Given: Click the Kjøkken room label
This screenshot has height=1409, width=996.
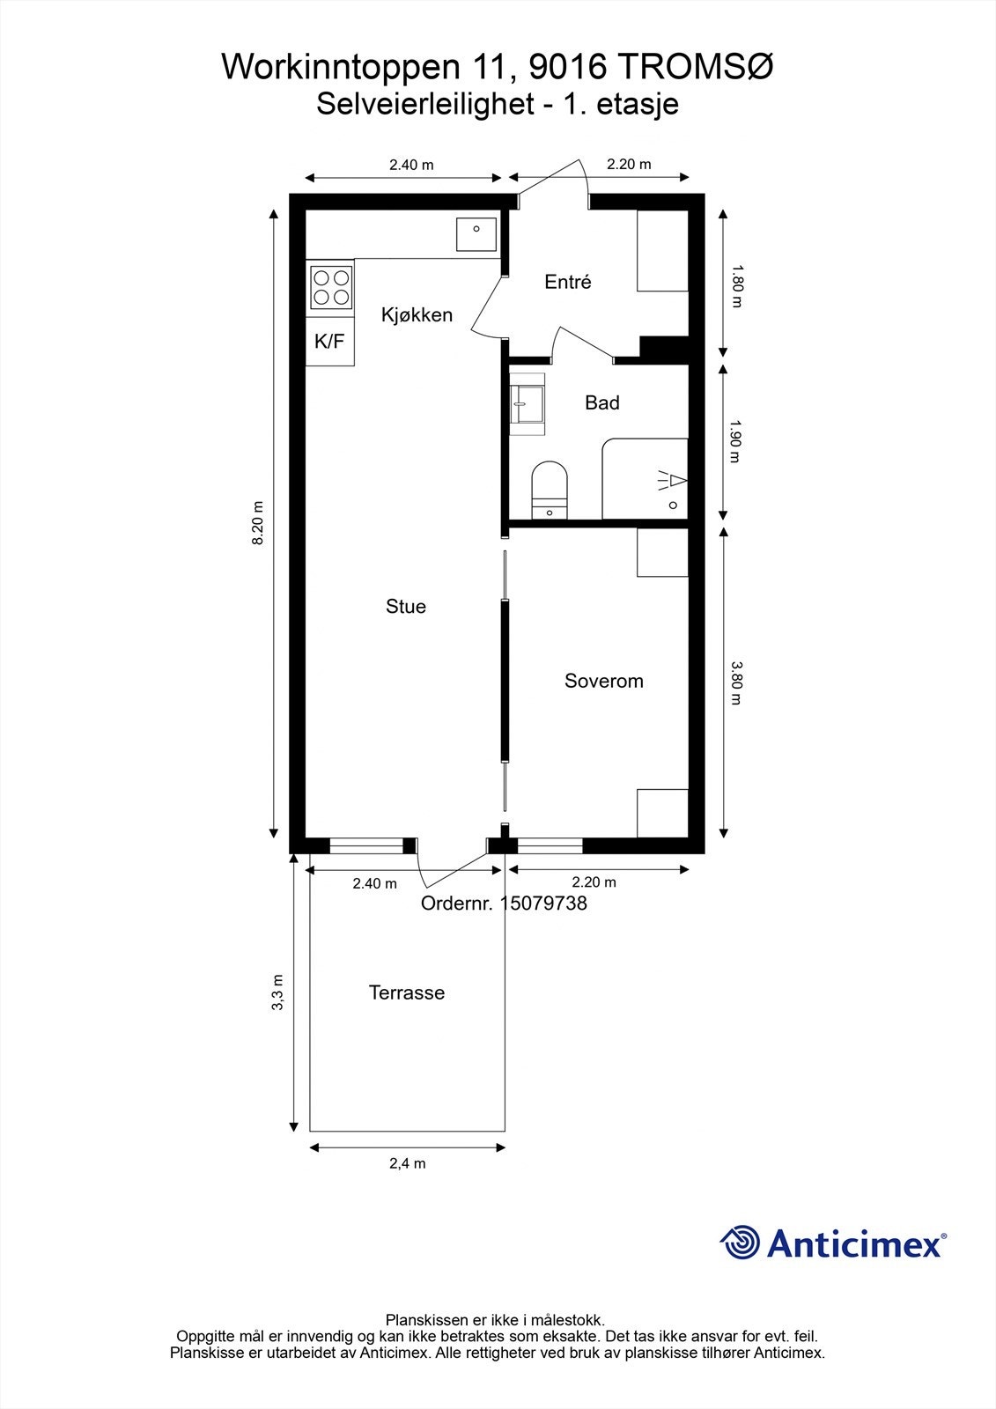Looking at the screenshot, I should [x=417, y=315].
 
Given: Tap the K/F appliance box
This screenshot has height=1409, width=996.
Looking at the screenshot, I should [x=329, y=342].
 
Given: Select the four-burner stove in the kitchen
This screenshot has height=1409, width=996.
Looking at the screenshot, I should [x=331, y=287].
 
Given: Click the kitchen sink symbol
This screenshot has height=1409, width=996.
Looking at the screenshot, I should [x=476, y=232].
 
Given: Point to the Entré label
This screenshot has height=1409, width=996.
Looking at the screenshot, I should [x=567, y=283].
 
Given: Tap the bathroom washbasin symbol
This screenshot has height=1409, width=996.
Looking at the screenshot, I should [x=528, y=404].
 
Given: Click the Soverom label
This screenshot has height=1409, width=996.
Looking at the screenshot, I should [x=603, y=682].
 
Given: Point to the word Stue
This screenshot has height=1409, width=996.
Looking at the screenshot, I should [x=405, y=607].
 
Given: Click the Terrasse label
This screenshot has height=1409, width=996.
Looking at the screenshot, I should [x=406, y=993].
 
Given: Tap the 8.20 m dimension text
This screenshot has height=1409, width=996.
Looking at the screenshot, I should [x=258, y=524].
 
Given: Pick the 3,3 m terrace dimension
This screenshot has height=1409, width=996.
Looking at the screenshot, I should [x=277, y=992].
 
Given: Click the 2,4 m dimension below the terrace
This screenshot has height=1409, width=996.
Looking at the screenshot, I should [x=407, y=1164].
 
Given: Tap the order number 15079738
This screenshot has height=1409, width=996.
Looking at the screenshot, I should [x=542, y=904].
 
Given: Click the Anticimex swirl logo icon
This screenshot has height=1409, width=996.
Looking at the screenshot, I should [x=741, y=1243].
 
